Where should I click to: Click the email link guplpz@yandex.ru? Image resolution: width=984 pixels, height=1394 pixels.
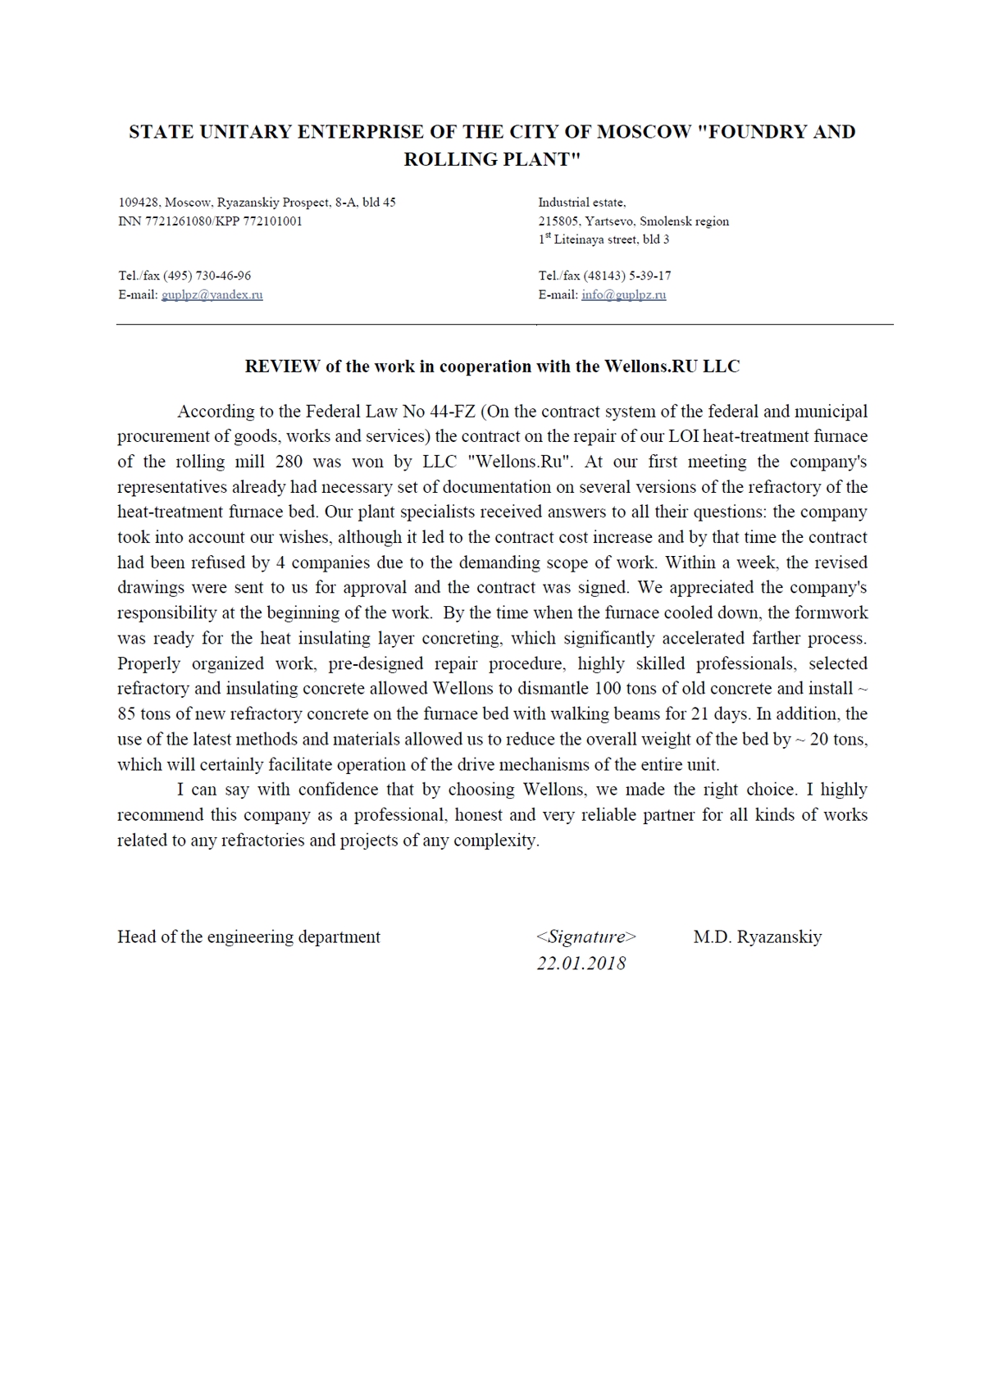click(212, 295)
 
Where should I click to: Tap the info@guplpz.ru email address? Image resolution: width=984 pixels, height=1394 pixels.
click(623, 295)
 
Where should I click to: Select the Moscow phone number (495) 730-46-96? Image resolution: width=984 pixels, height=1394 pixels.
click(207, 276)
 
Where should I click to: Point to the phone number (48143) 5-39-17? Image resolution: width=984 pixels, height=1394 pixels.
click(627, 276)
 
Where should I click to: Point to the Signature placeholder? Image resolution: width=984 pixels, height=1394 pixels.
click(585, 937)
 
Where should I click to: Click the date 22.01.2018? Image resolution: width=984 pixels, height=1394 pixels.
click(581, 963)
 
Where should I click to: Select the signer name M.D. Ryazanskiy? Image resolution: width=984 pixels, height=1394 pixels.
click(757, 937)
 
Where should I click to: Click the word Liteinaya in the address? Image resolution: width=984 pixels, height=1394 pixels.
click(580, 240)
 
